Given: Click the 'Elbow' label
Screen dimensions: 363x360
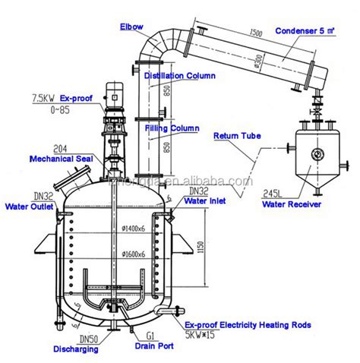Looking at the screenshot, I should pyautogui.click(x=130, y=28).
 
